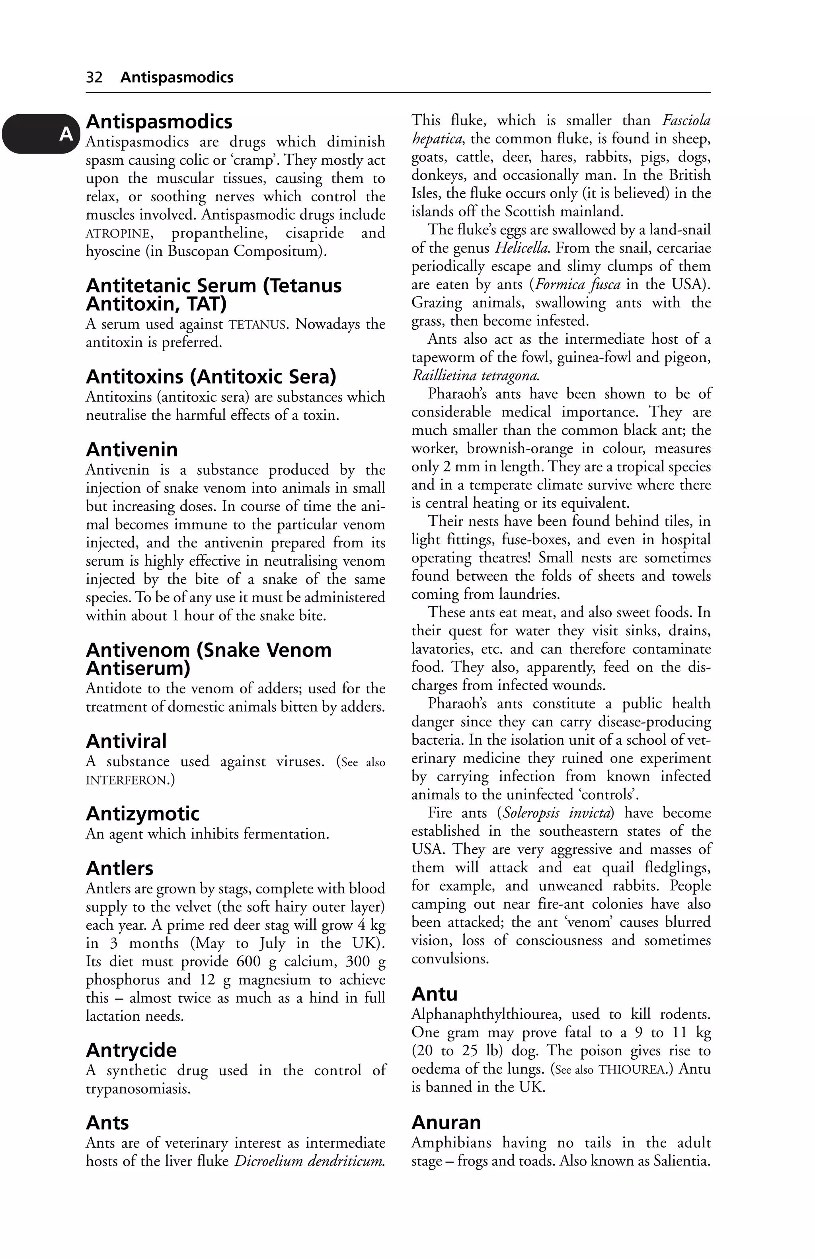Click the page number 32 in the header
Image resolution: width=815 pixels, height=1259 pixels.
(94, 77)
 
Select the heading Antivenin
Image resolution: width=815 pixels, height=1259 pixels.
(132, 450)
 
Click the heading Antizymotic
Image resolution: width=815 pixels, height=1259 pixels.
(142, 813)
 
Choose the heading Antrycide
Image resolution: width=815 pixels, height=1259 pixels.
(131, 1050)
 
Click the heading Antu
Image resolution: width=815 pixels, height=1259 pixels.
(435, 994)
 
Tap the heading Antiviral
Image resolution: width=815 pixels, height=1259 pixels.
(126, 741)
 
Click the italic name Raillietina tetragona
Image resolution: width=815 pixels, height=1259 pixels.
(476, 376)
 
